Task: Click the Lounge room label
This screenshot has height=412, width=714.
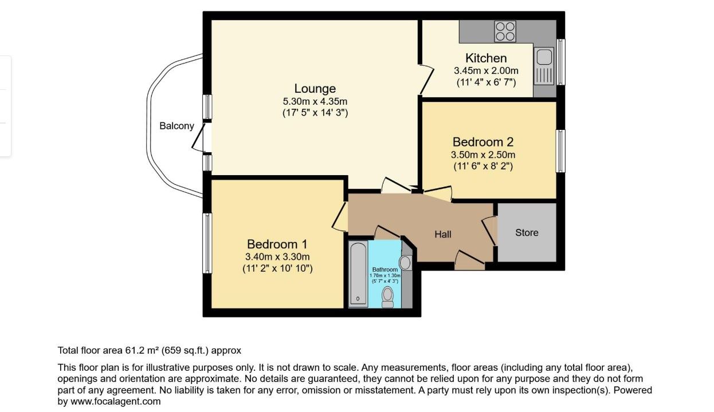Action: [315, 89]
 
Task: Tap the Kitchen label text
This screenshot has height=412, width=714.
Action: [486, 58]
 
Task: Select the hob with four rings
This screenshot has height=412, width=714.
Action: [505, 31]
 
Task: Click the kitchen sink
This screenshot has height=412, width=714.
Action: [544, 66]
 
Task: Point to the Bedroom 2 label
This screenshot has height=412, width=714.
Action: [483, 142]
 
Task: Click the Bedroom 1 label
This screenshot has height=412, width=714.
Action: [277, 244]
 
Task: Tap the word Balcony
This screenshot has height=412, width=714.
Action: [176, 126]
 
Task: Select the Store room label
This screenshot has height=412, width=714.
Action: [527, 233]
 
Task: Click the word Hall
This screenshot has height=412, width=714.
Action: [443, 235]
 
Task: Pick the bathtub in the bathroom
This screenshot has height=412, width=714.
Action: [358, 274]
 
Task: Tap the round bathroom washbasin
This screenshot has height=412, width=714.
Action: [405, 263]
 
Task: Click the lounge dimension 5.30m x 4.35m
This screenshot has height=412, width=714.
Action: [315, 101]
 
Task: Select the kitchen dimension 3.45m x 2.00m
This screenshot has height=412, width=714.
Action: [486, 71]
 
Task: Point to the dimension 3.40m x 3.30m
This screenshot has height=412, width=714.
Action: [277, 257]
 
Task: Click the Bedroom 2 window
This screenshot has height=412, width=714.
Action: [560, 151]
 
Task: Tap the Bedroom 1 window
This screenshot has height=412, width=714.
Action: [207, 243]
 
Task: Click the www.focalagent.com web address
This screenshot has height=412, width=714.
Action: [116, 402]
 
